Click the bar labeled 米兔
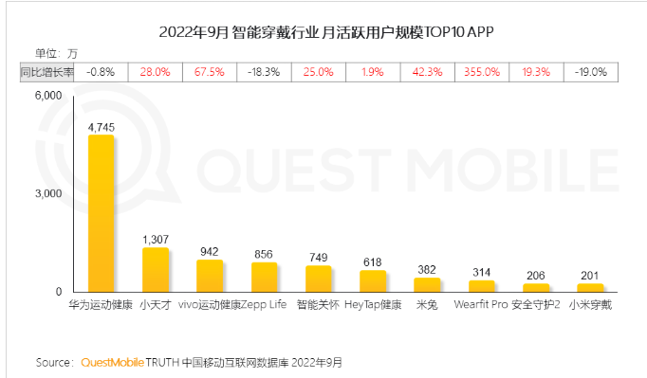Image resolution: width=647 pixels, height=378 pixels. click(x=428, y=284)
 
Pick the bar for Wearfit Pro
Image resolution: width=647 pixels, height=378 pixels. click(x=483, y=285)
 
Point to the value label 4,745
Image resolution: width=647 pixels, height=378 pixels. click(x=101, y=125)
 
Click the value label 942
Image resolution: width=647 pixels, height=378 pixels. click(x=210, y=251)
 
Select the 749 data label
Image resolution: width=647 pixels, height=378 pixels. click(x=319, y=257)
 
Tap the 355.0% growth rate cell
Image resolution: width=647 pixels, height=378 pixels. click(x=482, y=71)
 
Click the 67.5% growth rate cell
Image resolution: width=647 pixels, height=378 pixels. click(x=210, y=71)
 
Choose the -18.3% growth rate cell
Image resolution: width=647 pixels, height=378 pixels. click(x=264, y=71)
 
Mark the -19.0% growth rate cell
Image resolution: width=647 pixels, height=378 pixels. click(x=591, y=71)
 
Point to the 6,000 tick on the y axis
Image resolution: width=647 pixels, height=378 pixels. click(x=46, y=96)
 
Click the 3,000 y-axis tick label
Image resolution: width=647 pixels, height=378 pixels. click(x=46, y=193)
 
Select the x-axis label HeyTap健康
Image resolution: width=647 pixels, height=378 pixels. click(x=373, y=306)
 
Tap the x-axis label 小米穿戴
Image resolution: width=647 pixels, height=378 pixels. click(x=591, y=306)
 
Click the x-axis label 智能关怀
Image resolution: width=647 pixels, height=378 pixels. click(x=319, y=306)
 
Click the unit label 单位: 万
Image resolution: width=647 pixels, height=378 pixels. click(x=57, y=52)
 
